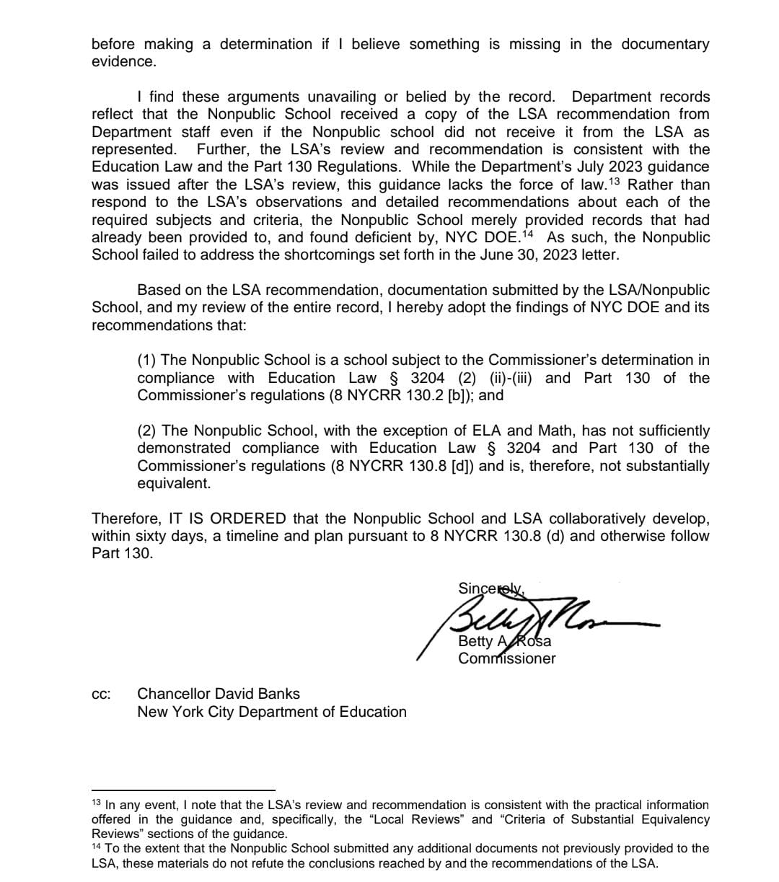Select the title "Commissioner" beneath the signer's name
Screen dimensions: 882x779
(x=506, y=658)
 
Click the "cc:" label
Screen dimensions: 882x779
(x=101, y=694)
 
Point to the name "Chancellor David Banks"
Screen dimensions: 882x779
(x=218, y=694)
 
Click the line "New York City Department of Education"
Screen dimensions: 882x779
(x=271, y=712)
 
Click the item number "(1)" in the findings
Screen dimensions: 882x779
(x=148, y=360)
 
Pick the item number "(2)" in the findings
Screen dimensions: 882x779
(x=148, y=431)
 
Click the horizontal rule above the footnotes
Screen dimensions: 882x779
(x=184, y=790)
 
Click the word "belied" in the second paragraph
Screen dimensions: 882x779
(x=431, y=97)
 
